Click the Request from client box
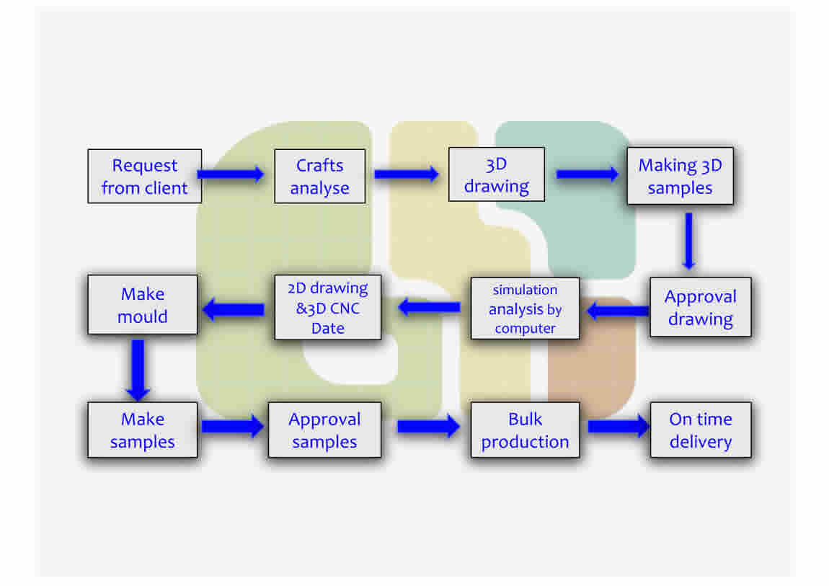click(x=144, y=176)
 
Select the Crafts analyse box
click(x=319, y=176)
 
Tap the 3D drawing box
click(x=496, y=174)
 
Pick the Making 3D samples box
click(x=680, y=176)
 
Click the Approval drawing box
click(x=700, y=307)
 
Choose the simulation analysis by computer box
click(x=525, y=308)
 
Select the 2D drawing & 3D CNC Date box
click(x=328, y=308)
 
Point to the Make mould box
click(x=143, y=304)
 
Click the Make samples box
click(x=143, y=430)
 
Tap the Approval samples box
click(x=324, y=430)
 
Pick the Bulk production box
click(x=525, y=430)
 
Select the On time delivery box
click(x=700, y=430)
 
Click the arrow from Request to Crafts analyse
click(x=231, y=174)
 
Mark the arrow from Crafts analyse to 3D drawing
click(x=407, y=174)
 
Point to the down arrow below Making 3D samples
click(x=688, y=241)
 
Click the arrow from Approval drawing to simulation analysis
click(x=617, y=311)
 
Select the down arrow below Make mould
click(x=138, y=369)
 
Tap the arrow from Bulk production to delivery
click(x=619, y=426)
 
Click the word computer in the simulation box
click(x=525, y=328)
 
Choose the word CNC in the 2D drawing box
click(x=345, y=308)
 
